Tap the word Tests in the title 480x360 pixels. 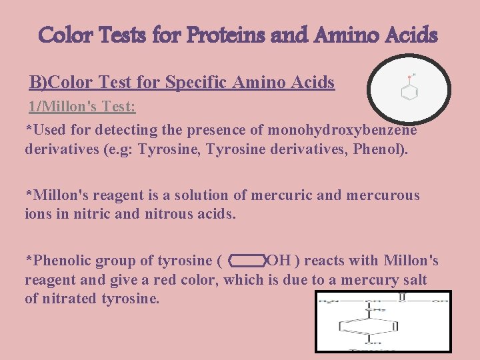pos(124,34)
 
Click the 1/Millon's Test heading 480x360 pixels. pos(81,106)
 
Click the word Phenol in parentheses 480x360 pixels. pos(381,150)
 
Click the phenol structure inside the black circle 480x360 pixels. pos(409,89)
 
